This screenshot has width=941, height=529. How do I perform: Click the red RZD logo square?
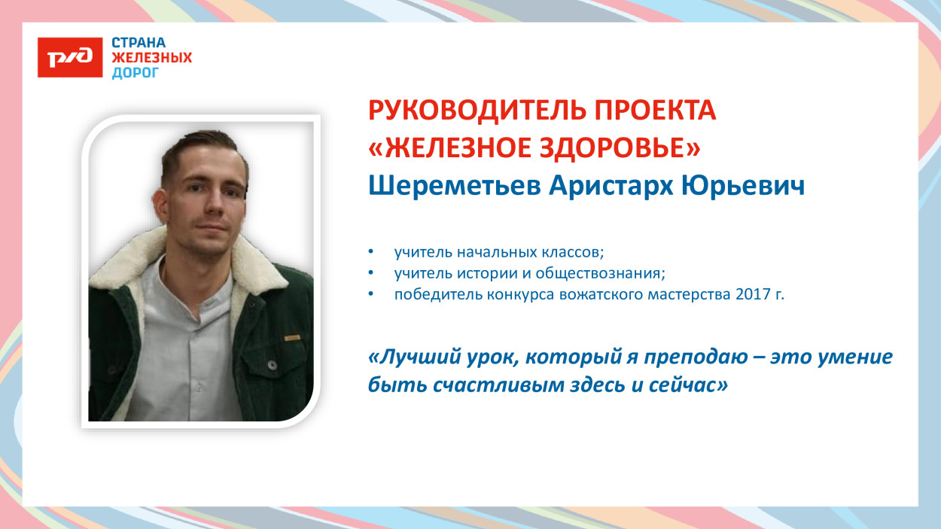70,56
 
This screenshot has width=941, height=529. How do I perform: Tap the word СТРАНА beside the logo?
139,42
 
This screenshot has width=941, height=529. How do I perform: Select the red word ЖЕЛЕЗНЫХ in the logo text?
151,57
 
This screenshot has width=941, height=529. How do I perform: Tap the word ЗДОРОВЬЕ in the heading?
611,148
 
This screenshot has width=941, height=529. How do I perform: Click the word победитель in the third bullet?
434,294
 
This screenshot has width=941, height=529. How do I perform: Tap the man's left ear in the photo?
245,197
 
